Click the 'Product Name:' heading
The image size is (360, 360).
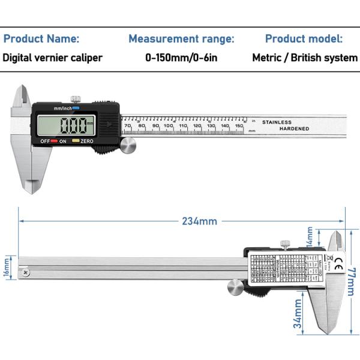coord(41,39)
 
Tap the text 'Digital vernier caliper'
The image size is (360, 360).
coord(53,58)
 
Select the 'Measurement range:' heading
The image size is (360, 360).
coord(181,39)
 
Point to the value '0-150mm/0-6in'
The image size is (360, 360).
coord(181,58)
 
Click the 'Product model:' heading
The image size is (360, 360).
coord(304,39)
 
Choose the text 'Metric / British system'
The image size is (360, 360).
coord(305,58)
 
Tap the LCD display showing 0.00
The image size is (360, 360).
coord(66,125)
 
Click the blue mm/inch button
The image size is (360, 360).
coord(76,108)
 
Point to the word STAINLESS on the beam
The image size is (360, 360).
coord(277,122)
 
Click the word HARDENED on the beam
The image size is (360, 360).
coord(294,129)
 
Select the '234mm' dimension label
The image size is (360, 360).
coord(199,221)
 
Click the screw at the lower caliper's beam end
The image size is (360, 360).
coord(25,273)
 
